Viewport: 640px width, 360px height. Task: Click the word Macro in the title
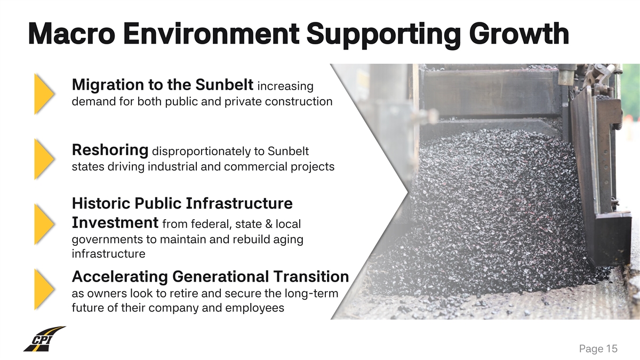tap(71, 34)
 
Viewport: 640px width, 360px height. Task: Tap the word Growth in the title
tap(519, 34)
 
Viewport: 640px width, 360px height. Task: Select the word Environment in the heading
tap(211, 34)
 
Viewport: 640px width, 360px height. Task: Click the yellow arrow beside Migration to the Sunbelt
tap(44, 94)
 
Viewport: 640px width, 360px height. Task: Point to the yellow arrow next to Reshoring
tap(44, 159)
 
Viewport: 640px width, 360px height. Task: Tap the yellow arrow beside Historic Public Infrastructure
tap(44, 225)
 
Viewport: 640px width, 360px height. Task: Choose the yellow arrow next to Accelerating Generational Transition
tap(44, 290)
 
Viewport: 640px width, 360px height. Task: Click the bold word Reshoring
tap(110, 150)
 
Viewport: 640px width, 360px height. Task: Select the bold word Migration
tap(108, 85)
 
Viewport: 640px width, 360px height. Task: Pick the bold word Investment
tap(115, 222)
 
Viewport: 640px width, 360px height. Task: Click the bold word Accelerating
tap(119, 277)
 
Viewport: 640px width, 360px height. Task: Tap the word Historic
tap(101, 203)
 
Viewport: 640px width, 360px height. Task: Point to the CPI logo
tap(45, 339)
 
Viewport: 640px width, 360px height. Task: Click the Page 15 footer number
tap(598, 349)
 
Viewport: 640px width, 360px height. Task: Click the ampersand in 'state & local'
tap(269, 224)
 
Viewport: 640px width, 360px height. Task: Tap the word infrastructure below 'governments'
tap(109, 254)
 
